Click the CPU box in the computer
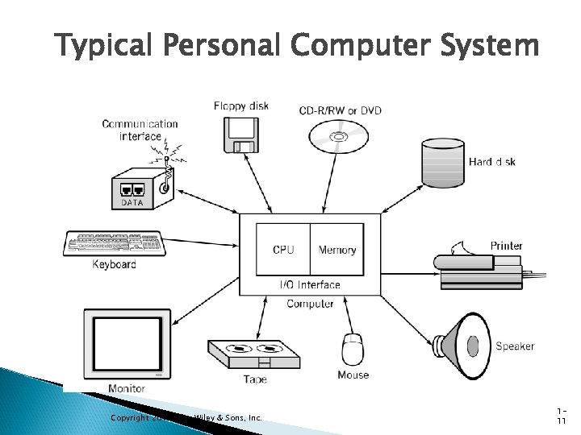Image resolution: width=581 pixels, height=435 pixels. coord(283,250)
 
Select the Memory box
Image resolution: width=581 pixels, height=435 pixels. coord(337,250)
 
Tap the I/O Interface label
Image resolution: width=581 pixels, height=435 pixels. coord(310,284)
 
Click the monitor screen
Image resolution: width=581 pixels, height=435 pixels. coord(127,342)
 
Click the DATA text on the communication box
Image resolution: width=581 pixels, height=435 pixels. coord(132,202)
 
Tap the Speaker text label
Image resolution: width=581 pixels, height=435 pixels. coord(515,346)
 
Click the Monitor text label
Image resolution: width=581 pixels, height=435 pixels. coord(127,388)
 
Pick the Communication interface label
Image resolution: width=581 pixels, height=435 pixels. coord(140,130)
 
